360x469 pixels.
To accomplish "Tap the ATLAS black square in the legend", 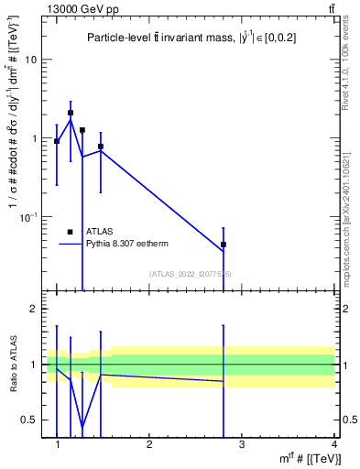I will (70, 232).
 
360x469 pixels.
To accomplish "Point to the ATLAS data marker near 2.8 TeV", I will (224, 245).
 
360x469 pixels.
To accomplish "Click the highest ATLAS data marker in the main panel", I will (71, 113).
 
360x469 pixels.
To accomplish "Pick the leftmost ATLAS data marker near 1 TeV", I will (57, 141).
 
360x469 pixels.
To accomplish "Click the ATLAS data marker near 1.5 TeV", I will (101, 147).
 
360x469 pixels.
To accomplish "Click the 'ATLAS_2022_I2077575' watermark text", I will (191, 273).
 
